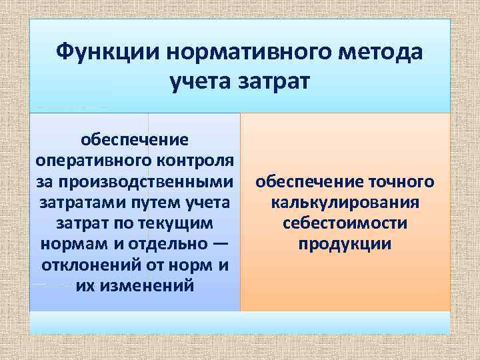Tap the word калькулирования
click(345, 202)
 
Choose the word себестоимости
click(345, 223)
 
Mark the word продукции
click(345, 243)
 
